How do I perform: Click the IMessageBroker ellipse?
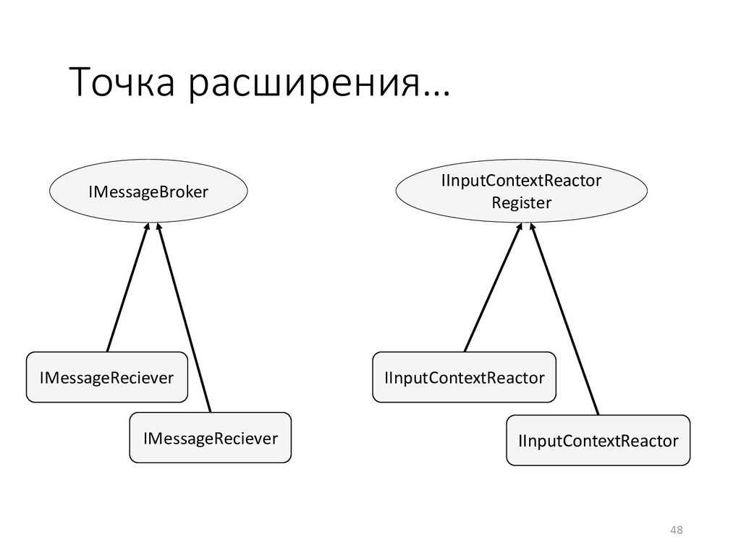point(148,192)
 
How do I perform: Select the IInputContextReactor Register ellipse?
point(521,192)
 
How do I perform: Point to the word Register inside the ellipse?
point(521,203)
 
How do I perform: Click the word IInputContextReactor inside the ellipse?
point(521,181)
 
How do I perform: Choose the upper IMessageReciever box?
point(106,377)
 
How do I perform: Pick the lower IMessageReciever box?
point(210,437)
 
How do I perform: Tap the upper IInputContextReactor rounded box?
point(464,377)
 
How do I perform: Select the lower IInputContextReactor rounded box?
point(598,440)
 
